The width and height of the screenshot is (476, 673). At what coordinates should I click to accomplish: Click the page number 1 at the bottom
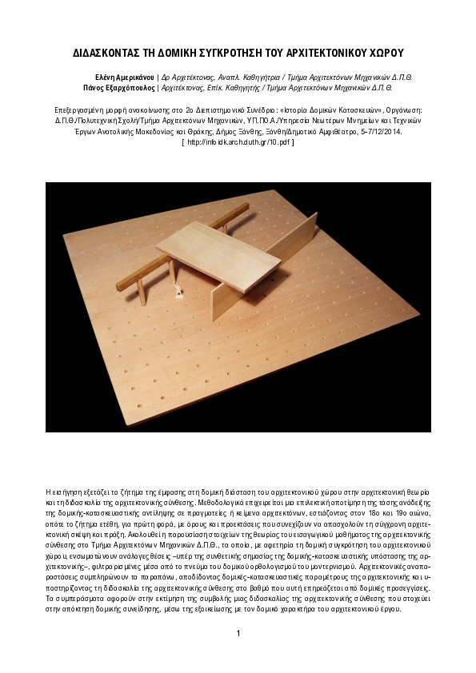point(238,633)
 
